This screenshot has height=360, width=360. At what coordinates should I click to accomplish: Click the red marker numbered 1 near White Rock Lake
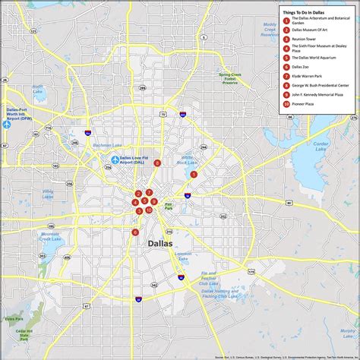194,174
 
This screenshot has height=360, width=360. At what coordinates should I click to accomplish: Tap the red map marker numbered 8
157,163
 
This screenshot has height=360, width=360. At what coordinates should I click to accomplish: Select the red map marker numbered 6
135,232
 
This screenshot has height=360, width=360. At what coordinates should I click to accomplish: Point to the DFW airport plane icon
5,125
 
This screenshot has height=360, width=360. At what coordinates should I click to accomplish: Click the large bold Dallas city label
157,243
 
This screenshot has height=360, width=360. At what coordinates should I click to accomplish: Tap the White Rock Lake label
186,160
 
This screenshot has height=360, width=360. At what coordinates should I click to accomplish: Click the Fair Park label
169,206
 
